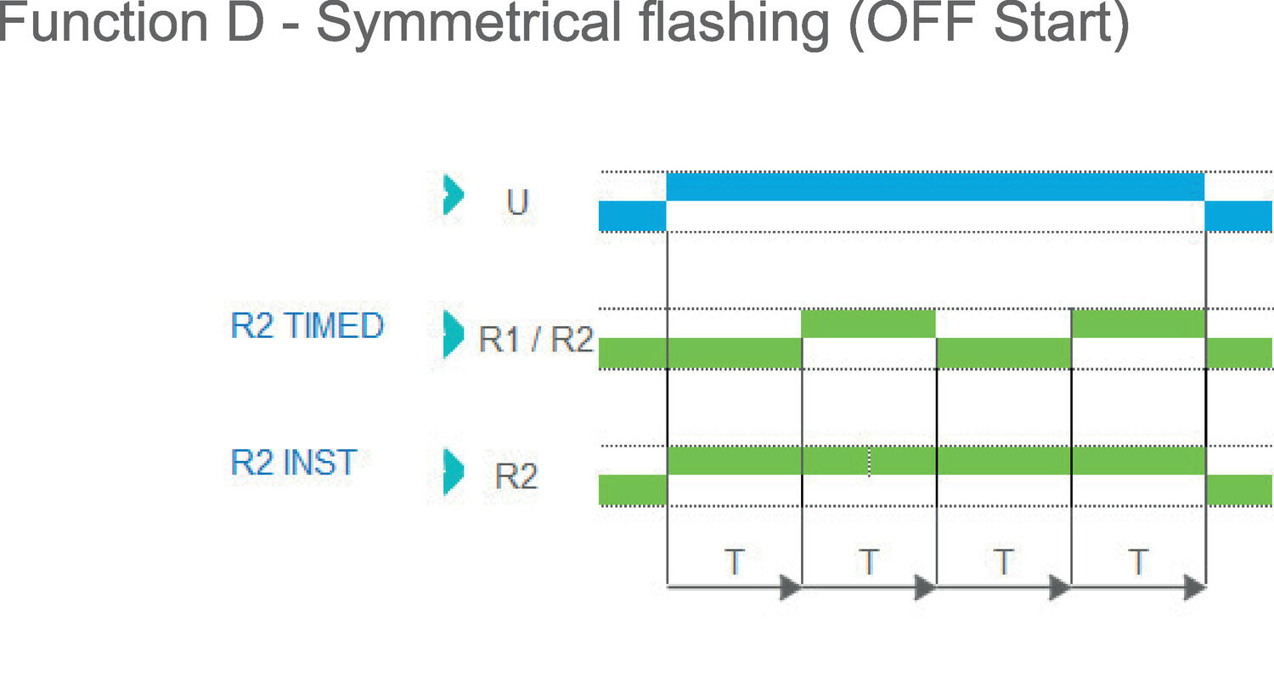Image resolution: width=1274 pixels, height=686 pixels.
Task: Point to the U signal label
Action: (x=516, y=202)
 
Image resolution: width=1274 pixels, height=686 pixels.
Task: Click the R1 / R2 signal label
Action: (x=535, y=339)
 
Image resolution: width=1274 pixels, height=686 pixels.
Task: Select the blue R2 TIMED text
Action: (x=307, y=325)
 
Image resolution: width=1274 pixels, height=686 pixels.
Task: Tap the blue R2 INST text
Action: (x=293, y=463)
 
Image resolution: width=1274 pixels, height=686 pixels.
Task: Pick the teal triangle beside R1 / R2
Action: (x=454, y=334)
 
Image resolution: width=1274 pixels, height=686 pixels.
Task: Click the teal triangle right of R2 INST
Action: (x=454, y=470)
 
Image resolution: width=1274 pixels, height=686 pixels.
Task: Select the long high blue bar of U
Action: (x=935, y=187)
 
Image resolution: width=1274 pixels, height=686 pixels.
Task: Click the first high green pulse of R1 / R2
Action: (x=868, y=323)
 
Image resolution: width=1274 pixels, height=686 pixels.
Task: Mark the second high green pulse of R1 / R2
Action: (x=1138, y=323)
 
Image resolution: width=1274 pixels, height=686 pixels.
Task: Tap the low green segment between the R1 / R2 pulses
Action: (x=1003, y=353)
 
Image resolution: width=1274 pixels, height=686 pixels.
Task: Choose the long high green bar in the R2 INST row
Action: (x=935, y=460)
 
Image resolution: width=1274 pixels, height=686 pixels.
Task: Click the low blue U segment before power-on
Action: (x=632, y=216)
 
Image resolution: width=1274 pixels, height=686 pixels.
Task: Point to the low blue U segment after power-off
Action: (x=1238, y=216)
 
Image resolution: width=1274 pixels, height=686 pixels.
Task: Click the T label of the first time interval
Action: (x=734, y=562)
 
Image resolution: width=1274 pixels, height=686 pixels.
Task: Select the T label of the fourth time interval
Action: (x=1138, y=562)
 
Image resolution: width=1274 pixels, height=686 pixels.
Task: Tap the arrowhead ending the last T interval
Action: (x=1195, y=587)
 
